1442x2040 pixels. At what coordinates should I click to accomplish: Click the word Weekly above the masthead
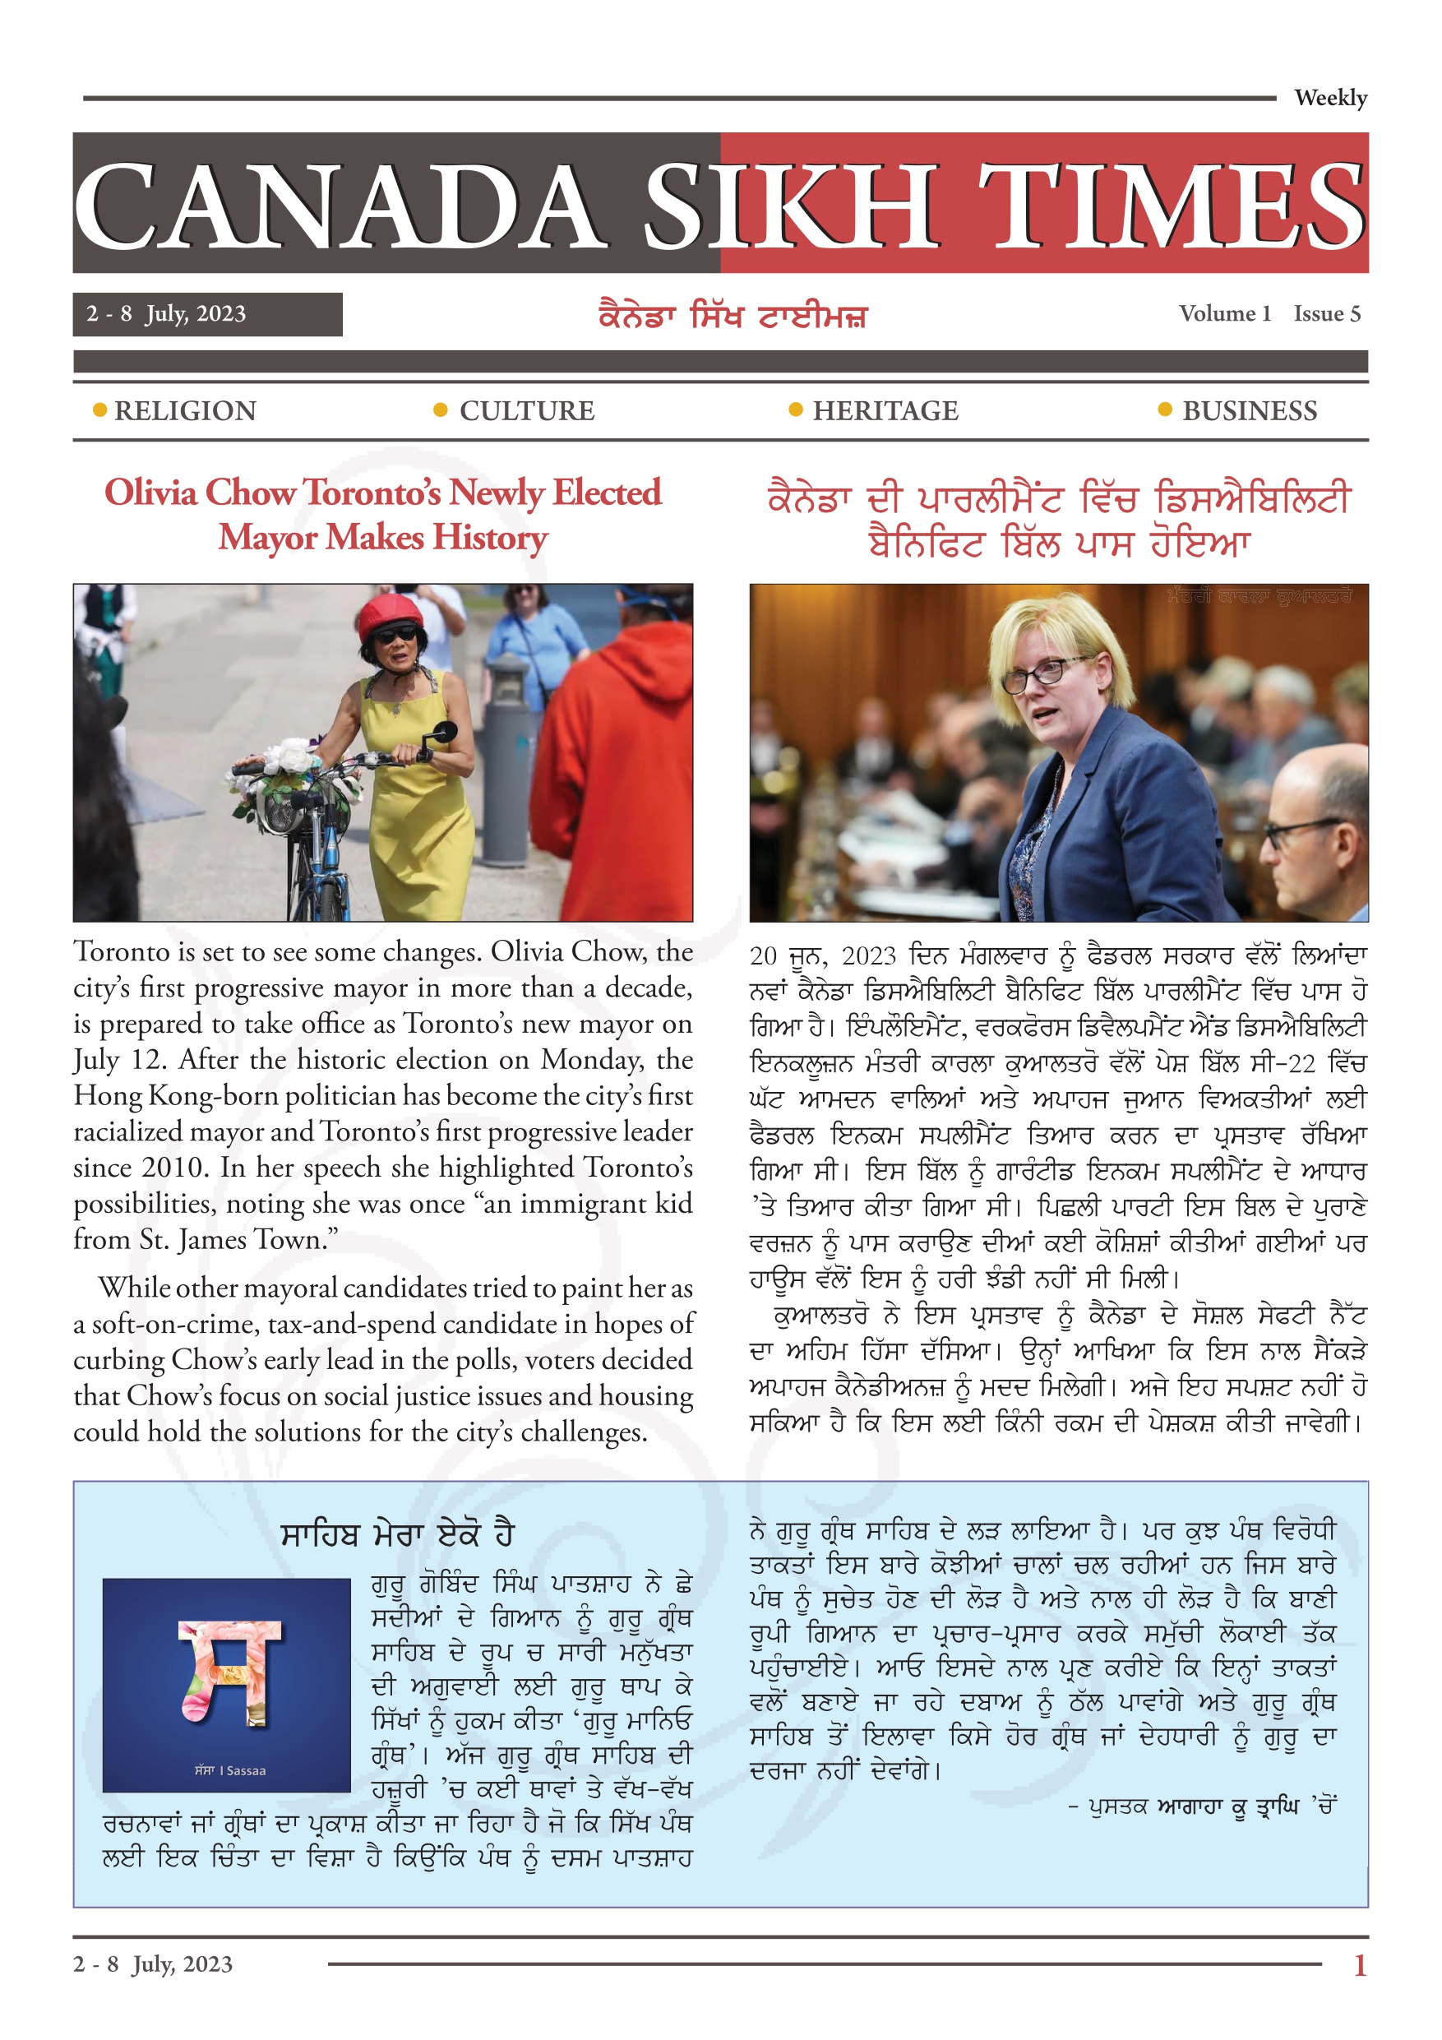pos(1329,98)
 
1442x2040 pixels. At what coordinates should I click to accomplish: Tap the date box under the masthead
pos(207,315)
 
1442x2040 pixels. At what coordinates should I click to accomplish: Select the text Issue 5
pos(1327,313)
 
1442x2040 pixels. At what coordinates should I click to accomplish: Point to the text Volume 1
pos(1224,313)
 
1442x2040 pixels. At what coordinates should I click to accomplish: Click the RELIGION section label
pos(185,410)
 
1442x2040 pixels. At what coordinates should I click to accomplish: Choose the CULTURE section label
pos(527,410)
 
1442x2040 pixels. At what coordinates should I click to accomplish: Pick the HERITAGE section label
pos(885,410)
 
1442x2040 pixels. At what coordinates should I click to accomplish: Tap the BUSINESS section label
pos(1249,410)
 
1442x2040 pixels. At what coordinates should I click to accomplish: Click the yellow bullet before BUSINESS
pos(1165,409)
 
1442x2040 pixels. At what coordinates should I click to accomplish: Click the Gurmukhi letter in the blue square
pos(229,1670)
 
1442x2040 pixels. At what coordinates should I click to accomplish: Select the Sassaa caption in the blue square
pos(230,1771)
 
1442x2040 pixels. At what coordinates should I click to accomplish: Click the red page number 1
pos(1359,1964)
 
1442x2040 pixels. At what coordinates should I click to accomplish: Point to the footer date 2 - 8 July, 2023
pos(153,1964)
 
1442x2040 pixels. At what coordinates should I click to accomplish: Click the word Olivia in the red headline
pos(151,493)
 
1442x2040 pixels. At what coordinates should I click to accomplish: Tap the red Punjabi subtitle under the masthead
pos(733,316)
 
